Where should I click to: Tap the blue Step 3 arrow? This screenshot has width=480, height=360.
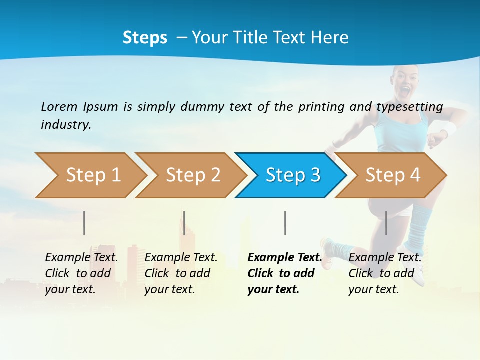(x=292, y=175)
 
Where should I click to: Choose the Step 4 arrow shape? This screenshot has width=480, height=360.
(x=392, y=175)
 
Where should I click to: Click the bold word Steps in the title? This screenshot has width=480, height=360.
(x=145, y=38)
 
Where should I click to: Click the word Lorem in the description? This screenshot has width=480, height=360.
(x=59, y=106)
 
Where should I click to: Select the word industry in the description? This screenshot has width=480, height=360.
(x=65, y=125)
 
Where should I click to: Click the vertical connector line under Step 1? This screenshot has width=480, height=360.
(x=84, y=223)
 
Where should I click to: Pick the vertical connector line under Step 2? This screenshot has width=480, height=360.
(x=184, y=223)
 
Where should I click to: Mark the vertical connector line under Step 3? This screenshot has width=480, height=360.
(x=285, y=223)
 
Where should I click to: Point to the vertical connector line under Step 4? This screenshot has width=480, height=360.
(x=386, y=223)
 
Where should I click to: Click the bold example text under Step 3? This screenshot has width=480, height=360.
(x=284, y=273)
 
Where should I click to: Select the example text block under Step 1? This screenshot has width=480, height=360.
(x=81, y=273)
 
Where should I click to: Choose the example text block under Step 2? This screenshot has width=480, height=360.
(x=181, y=273)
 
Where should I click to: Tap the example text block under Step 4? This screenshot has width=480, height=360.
(x=385, y=273)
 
